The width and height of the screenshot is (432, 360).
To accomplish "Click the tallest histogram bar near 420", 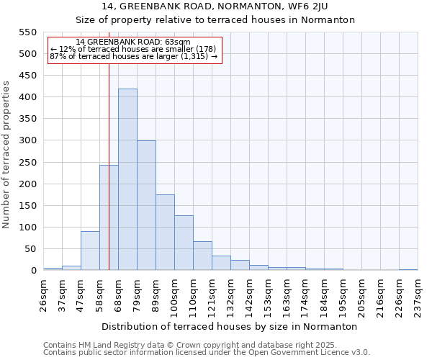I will click(127, 180).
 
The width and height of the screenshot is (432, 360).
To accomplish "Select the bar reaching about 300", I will click(146, 206).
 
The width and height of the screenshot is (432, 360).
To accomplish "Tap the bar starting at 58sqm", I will click(109, 218).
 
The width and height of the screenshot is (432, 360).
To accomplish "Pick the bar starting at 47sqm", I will click(90, 251).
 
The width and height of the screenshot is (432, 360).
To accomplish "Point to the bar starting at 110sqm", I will click(202, 256).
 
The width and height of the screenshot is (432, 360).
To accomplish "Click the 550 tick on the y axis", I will click(27, 32).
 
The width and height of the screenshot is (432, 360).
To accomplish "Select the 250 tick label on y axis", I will click(27, 163).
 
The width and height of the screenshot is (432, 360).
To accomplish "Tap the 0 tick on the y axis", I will click(33, 271).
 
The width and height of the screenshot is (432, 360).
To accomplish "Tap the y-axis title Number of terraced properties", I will click(6, 155).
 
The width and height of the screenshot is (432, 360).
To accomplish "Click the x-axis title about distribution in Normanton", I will click(230, 326).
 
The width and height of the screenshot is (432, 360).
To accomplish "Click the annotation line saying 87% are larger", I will click(133, 56).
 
